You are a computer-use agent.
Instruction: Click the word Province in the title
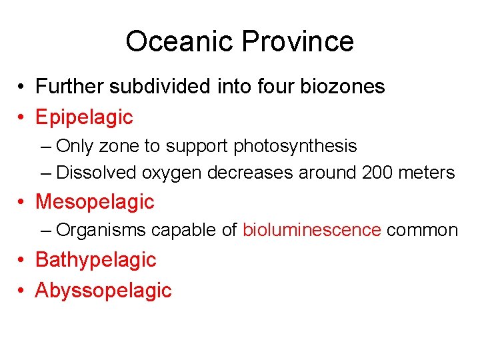click(x=297, y=41)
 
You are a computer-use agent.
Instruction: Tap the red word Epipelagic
click(x=84, y=117)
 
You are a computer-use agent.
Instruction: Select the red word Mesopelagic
click(x=95, y=201)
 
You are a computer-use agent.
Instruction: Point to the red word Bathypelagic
click(x=95, y=260)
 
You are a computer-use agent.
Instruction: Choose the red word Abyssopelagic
click(x=103, y=291)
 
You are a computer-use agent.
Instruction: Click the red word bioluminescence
click(x=312, y=231)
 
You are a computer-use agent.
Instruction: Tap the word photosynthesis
click(x=295, y=146)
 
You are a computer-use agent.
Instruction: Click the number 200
click(x=377, y=173)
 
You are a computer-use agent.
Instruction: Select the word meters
click(x=427, y=173)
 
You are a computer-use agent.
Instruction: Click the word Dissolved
click(x=97, y=173)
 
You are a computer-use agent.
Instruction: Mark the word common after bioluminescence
click(x=422, y=231)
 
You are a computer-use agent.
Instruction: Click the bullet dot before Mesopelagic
click(x=22, y=201)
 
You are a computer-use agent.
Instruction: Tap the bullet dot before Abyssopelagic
click(x=22, y=291)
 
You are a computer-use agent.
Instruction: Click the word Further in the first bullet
click(x=70, y=87)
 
